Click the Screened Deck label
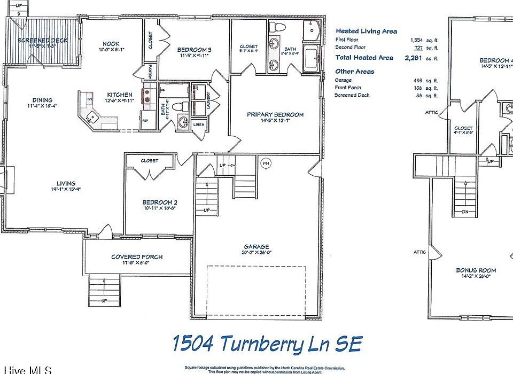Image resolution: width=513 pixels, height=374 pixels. [x=34, y=40]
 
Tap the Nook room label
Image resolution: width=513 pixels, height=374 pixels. [x=111, y=44]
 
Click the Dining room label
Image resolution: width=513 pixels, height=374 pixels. [x=42, y=100]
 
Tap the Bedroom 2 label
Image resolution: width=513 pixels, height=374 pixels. [x=159, y=202]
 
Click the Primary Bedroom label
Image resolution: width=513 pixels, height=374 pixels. [x=275, y=114]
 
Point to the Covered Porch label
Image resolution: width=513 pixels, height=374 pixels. [x=137, y=257]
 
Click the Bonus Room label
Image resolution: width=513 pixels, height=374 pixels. [x=472, y=270]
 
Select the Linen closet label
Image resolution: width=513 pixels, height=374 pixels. [x=199, y=124]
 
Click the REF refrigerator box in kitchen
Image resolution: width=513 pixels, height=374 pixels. [x=145, y=121]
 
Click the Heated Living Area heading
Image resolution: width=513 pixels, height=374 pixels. [x=366, y=32]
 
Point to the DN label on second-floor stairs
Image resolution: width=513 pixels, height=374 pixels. [x=464, y=212]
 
